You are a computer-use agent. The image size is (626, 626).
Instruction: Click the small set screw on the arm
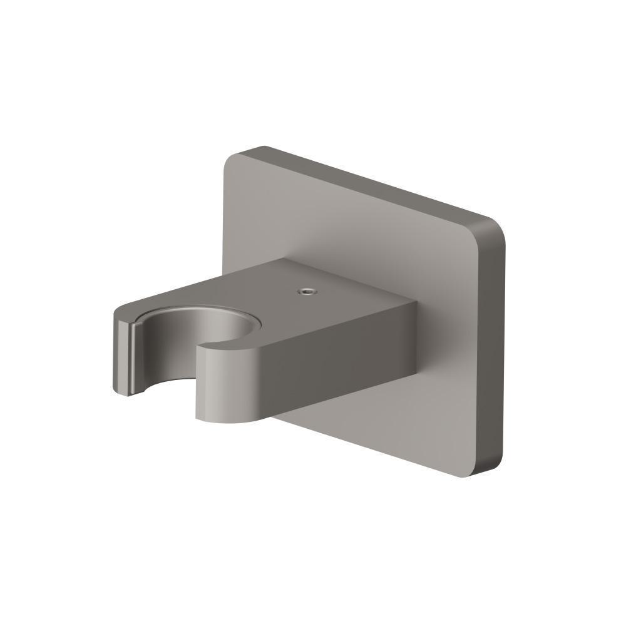[306, 291]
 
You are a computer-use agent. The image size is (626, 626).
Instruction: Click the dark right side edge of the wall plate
[495, 351]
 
